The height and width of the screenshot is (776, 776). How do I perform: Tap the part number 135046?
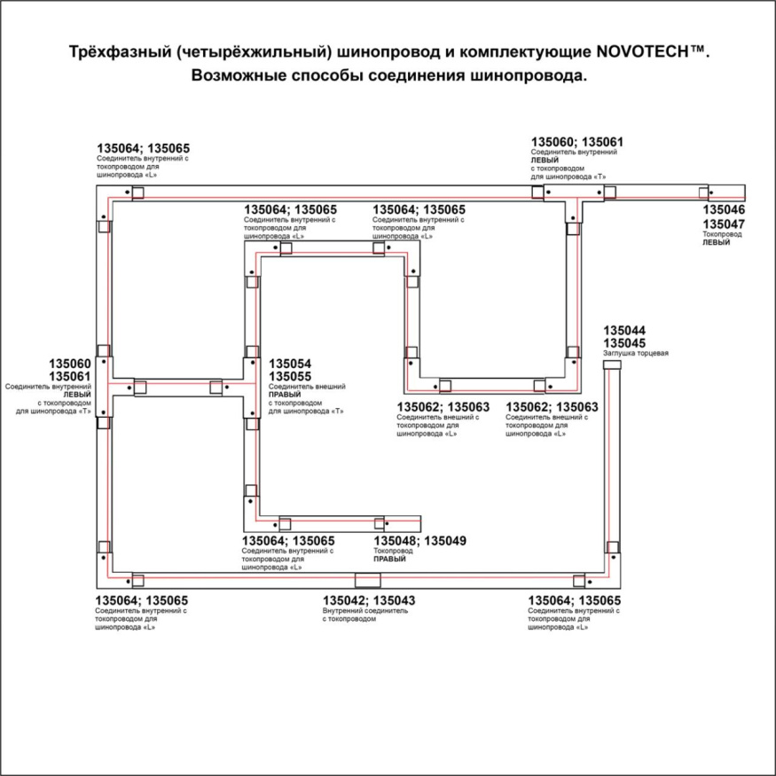coord(725,210)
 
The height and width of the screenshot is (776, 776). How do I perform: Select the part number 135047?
coord(725,224)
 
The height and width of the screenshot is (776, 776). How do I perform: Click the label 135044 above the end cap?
coord(624,331)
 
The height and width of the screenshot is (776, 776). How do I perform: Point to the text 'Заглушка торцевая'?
coord(635,354)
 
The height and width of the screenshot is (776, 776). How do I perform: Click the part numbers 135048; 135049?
coord(419,541)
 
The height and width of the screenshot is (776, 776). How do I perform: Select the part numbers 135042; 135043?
coord(369,600)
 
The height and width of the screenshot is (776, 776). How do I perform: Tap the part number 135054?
coord(290,364)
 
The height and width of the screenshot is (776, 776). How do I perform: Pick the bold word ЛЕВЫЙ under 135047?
coord(716,242)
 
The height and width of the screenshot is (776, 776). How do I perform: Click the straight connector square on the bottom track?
coord(365,581)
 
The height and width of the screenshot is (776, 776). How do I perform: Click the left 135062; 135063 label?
coord(443,407)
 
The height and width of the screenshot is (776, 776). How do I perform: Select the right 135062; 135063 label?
coord(552,407)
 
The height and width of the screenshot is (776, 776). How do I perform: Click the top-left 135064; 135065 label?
coord(143,148)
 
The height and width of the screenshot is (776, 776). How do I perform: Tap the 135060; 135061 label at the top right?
coord(576,142)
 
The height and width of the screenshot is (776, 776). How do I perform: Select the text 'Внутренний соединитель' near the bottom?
coord(365,611)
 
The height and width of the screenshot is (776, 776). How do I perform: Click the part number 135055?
coord(290,377)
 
